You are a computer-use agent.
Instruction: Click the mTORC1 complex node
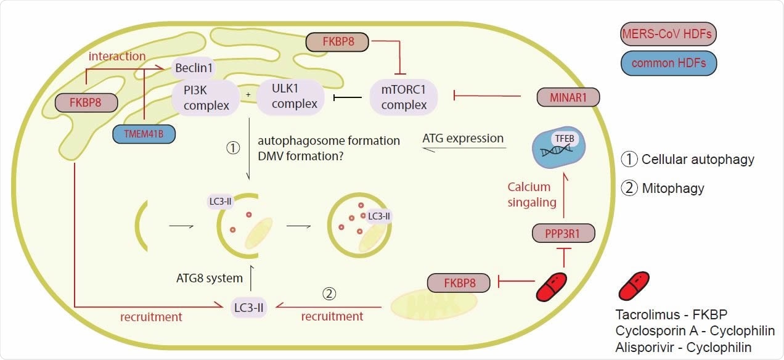[404, 97]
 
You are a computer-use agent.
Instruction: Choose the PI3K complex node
[206, 99]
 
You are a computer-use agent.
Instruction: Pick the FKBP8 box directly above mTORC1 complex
[338, 42]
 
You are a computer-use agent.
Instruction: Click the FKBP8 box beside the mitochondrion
[459, 284]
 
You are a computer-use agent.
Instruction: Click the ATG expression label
[463, 139]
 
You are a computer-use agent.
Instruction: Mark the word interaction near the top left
[117, 56]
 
